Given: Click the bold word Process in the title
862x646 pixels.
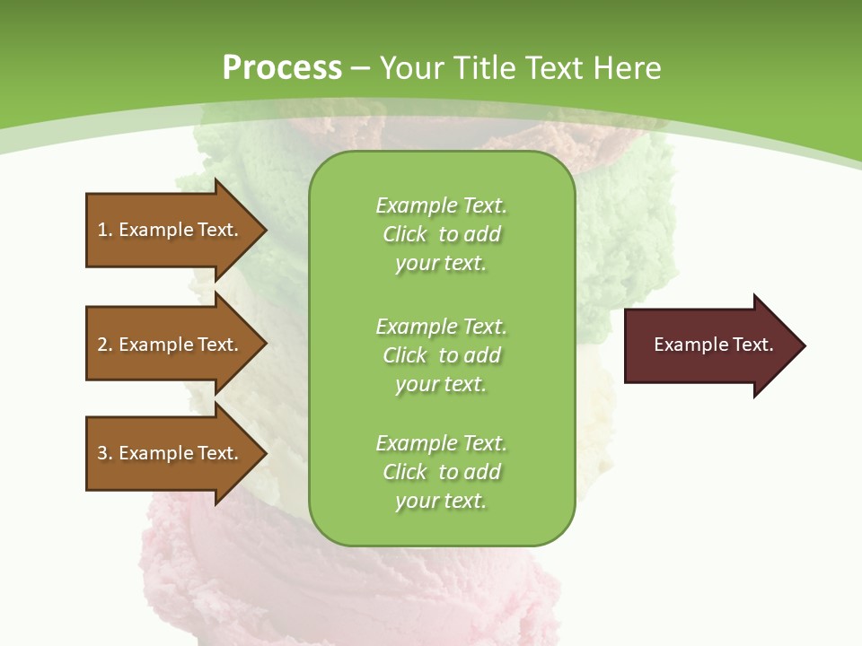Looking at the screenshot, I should point(282,68).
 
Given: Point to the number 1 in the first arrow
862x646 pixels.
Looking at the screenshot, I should point(102,230).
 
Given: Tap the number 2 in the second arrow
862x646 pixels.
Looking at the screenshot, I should point(102,345).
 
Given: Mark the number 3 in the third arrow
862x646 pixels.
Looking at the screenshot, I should point(102,453).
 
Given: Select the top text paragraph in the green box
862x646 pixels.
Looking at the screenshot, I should point(441,234).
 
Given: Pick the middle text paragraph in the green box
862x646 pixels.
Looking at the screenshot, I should point(441,355).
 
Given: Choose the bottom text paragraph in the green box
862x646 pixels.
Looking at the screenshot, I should point(441,472).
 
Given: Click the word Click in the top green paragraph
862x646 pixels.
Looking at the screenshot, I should point(405,234).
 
